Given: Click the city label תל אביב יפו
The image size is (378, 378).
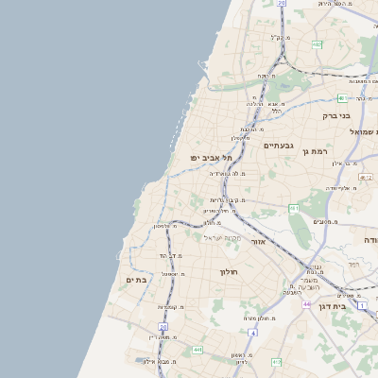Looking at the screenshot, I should click(205, 158).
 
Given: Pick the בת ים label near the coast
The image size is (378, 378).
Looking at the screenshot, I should click(137, 280).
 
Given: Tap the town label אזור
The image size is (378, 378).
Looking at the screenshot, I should click(261, 241).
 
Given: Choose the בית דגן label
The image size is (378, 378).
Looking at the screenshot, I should click(354, 305).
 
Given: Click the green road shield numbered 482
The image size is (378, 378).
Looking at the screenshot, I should click(317, 44).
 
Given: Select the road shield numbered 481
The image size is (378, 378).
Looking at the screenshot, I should click(341, 98).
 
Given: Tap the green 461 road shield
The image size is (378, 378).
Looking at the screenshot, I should click(294, 208).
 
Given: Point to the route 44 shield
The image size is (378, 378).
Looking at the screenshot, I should click(307, 304).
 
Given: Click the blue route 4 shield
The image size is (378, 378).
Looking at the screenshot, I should click(252, 334).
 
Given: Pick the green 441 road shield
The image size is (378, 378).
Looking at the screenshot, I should click(197, 351).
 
